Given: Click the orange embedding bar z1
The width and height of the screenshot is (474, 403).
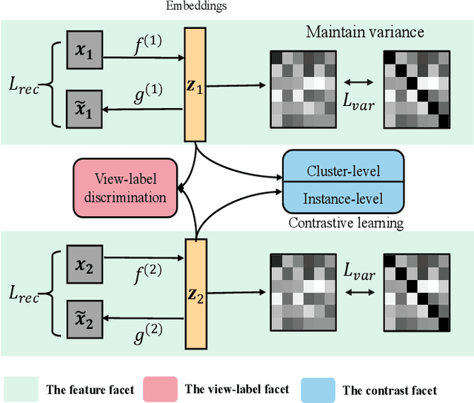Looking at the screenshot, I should [x=194, y=84].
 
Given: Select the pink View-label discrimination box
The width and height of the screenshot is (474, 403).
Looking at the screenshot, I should [x=125, y=187].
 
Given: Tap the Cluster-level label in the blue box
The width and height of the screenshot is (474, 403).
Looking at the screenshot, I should [x=343, y=170].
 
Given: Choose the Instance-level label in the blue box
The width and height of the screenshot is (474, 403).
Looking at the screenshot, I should [x=343, y=198].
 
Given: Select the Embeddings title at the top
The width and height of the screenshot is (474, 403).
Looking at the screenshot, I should [x=194, y=7].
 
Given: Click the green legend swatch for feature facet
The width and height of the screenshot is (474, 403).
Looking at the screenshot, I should [x=21, y=388].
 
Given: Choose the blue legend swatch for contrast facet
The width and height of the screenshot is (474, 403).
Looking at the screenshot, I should [x=319, y=388].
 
